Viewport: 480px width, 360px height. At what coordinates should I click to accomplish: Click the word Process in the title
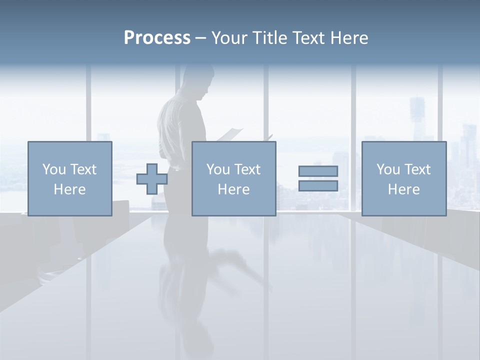pos(157,38)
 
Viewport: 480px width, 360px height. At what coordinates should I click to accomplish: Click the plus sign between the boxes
pos(152,179)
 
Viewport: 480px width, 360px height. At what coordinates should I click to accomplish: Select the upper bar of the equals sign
pos(318,171)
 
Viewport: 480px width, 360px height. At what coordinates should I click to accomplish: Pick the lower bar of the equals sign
pos(318,185)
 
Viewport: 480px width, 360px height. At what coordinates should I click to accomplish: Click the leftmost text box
pos(70,178)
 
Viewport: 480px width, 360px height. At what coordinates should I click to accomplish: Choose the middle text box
pos(234,178)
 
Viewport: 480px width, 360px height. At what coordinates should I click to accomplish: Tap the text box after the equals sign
pos(404,178)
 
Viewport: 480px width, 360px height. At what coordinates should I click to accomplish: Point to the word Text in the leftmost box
pos(83,169)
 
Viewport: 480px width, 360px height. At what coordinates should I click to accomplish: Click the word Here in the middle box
pos(234,189)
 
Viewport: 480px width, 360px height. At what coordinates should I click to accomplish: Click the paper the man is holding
pos(231,134)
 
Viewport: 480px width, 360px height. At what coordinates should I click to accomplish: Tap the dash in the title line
pos(201,38)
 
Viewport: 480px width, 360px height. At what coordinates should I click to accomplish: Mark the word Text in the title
pos(308,38)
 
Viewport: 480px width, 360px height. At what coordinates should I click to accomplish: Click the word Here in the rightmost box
pos(404,189)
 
